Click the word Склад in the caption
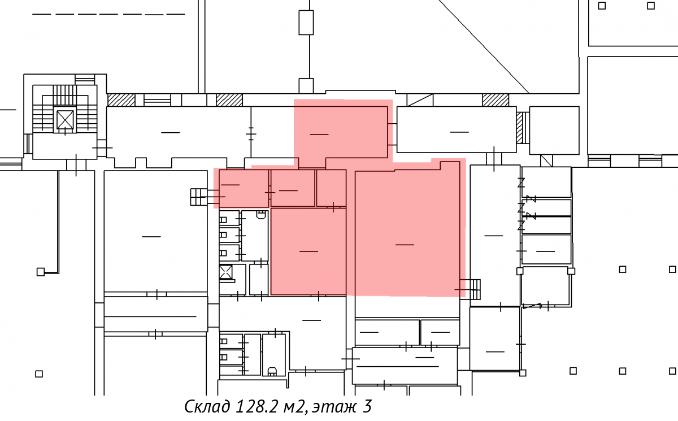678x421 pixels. [207, 406]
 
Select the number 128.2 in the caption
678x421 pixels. [256, 406]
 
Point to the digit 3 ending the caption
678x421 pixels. [367, 406]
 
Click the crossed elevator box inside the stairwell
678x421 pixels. [65, 120]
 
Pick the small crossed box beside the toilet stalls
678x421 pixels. [226, 272]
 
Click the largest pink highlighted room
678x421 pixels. [407, 230]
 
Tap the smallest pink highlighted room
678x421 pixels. [332, 188]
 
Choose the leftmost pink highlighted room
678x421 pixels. [244, 189]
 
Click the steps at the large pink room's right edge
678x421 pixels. [470, 289]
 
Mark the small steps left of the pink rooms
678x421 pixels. [199, 197]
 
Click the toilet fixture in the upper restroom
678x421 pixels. [261, 215]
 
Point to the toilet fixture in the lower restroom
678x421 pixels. [272, 371]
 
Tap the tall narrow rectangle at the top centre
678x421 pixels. [306, 23]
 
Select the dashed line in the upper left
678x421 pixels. [108, 14]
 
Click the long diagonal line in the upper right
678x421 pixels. [484, 46]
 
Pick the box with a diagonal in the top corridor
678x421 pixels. [420, 100]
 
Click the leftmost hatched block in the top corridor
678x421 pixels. [121, 100]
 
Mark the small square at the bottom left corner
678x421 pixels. [39, 374]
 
